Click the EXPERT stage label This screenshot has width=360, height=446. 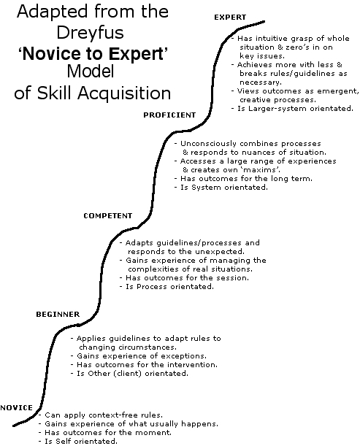click(x=230, y=18)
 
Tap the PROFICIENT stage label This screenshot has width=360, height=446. click(x=169, y=115)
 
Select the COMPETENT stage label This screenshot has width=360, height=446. click(x=108, y=216)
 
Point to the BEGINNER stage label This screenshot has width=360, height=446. click(x=58, y=315)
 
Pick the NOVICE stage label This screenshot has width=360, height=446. click(x=17, y=408)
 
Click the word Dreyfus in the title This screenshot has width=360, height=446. click(x=91, y=32)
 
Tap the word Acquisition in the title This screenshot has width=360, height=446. click(x=124, y=93)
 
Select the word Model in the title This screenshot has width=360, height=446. click(x=91, y=71)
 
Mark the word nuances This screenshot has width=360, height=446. click(x=253, y=153)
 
